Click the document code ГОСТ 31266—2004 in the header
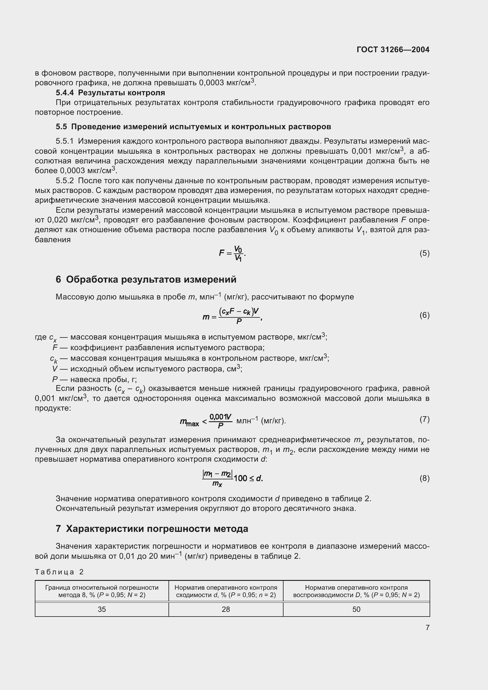tap(393, 50)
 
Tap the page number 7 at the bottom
tap(427, 627)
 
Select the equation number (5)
tap(424, 253)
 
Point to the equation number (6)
tap(424, 315)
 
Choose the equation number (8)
tap(424, 478)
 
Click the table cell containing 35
tap(102, 609)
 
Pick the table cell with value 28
tap(226, 609)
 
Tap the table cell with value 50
tap(356, 609)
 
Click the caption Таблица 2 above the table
tap(59, 572)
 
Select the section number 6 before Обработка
tap(58, 279)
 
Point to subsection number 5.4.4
tap(65, 93)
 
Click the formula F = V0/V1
tap(232, 253)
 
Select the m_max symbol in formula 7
tap(189, 422)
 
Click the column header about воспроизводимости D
tap(356, 591)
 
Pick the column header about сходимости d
tap(226, 591)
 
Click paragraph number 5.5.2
tap(65, 181)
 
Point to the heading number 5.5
tap(61, 127)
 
